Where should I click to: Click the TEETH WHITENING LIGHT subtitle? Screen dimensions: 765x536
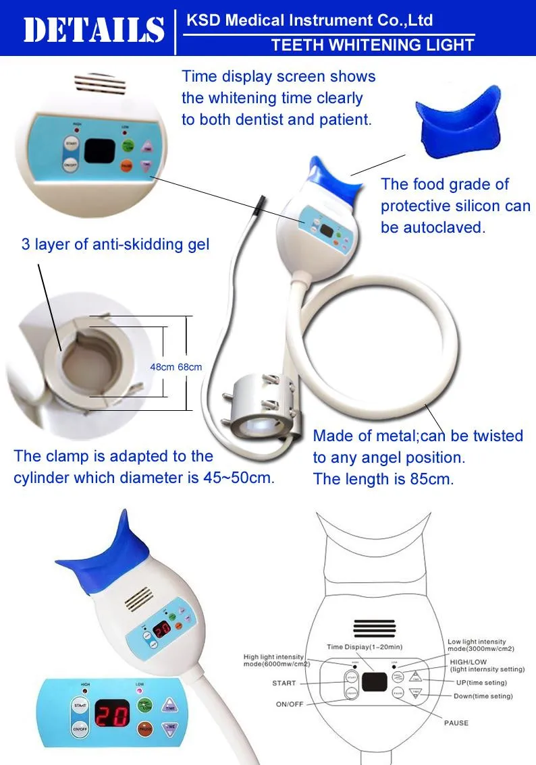pyautogui.click(x=373, y=45)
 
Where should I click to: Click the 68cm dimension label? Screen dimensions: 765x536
pyautogui.click(x=190, y=367)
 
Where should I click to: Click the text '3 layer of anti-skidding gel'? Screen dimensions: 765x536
pyautogui.click(x=115, y=244)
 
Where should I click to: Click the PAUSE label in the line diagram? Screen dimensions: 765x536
pyautogui.click(x=456, y=722)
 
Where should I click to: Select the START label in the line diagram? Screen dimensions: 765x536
pyautogui.click(x=284, y=683)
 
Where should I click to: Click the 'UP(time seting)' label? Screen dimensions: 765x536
pyautogui.click(x=481, y=683)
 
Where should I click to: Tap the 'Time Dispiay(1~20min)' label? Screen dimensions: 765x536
pyautogui.click(x=364, y=646)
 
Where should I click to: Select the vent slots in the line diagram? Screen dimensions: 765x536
pyautogui.click(x=375, y=627)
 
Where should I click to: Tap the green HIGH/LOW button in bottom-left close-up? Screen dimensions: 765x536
pyautogui.click(x=144, y=706)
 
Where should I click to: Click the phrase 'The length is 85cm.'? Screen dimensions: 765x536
pyautogui.click(x=383, y=480)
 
